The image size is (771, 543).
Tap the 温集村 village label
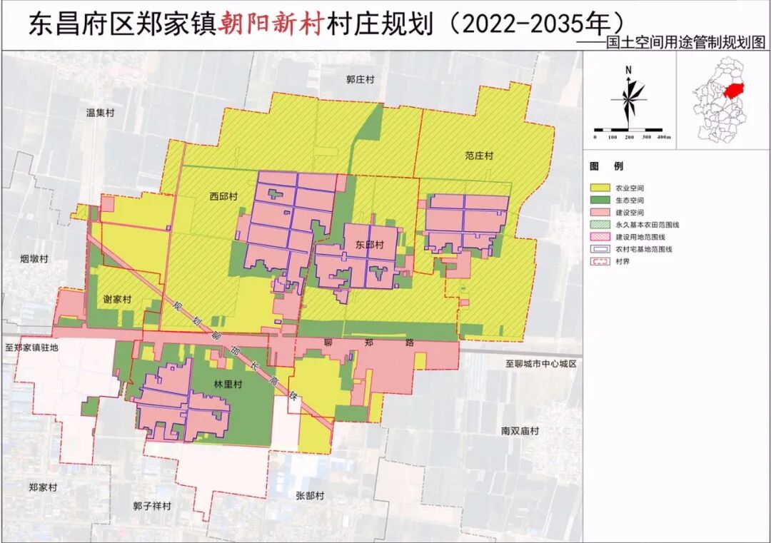tap(100, 112)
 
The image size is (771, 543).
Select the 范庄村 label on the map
tap(478, 155)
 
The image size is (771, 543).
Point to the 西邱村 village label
tap(223, 196)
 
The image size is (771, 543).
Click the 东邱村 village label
tap(369, 245)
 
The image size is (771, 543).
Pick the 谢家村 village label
tap(117, 300)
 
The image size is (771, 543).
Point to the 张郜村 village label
tap(311, 495)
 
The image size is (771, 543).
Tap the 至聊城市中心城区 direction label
tap(540, 364)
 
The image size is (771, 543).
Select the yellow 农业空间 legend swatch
tap(599, 187)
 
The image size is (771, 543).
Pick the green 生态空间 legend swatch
tap(599, 199)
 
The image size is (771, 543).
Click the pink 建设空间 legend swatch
tap(599, 212)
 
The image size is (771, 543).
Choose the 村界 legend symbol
tap(599, 261)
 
